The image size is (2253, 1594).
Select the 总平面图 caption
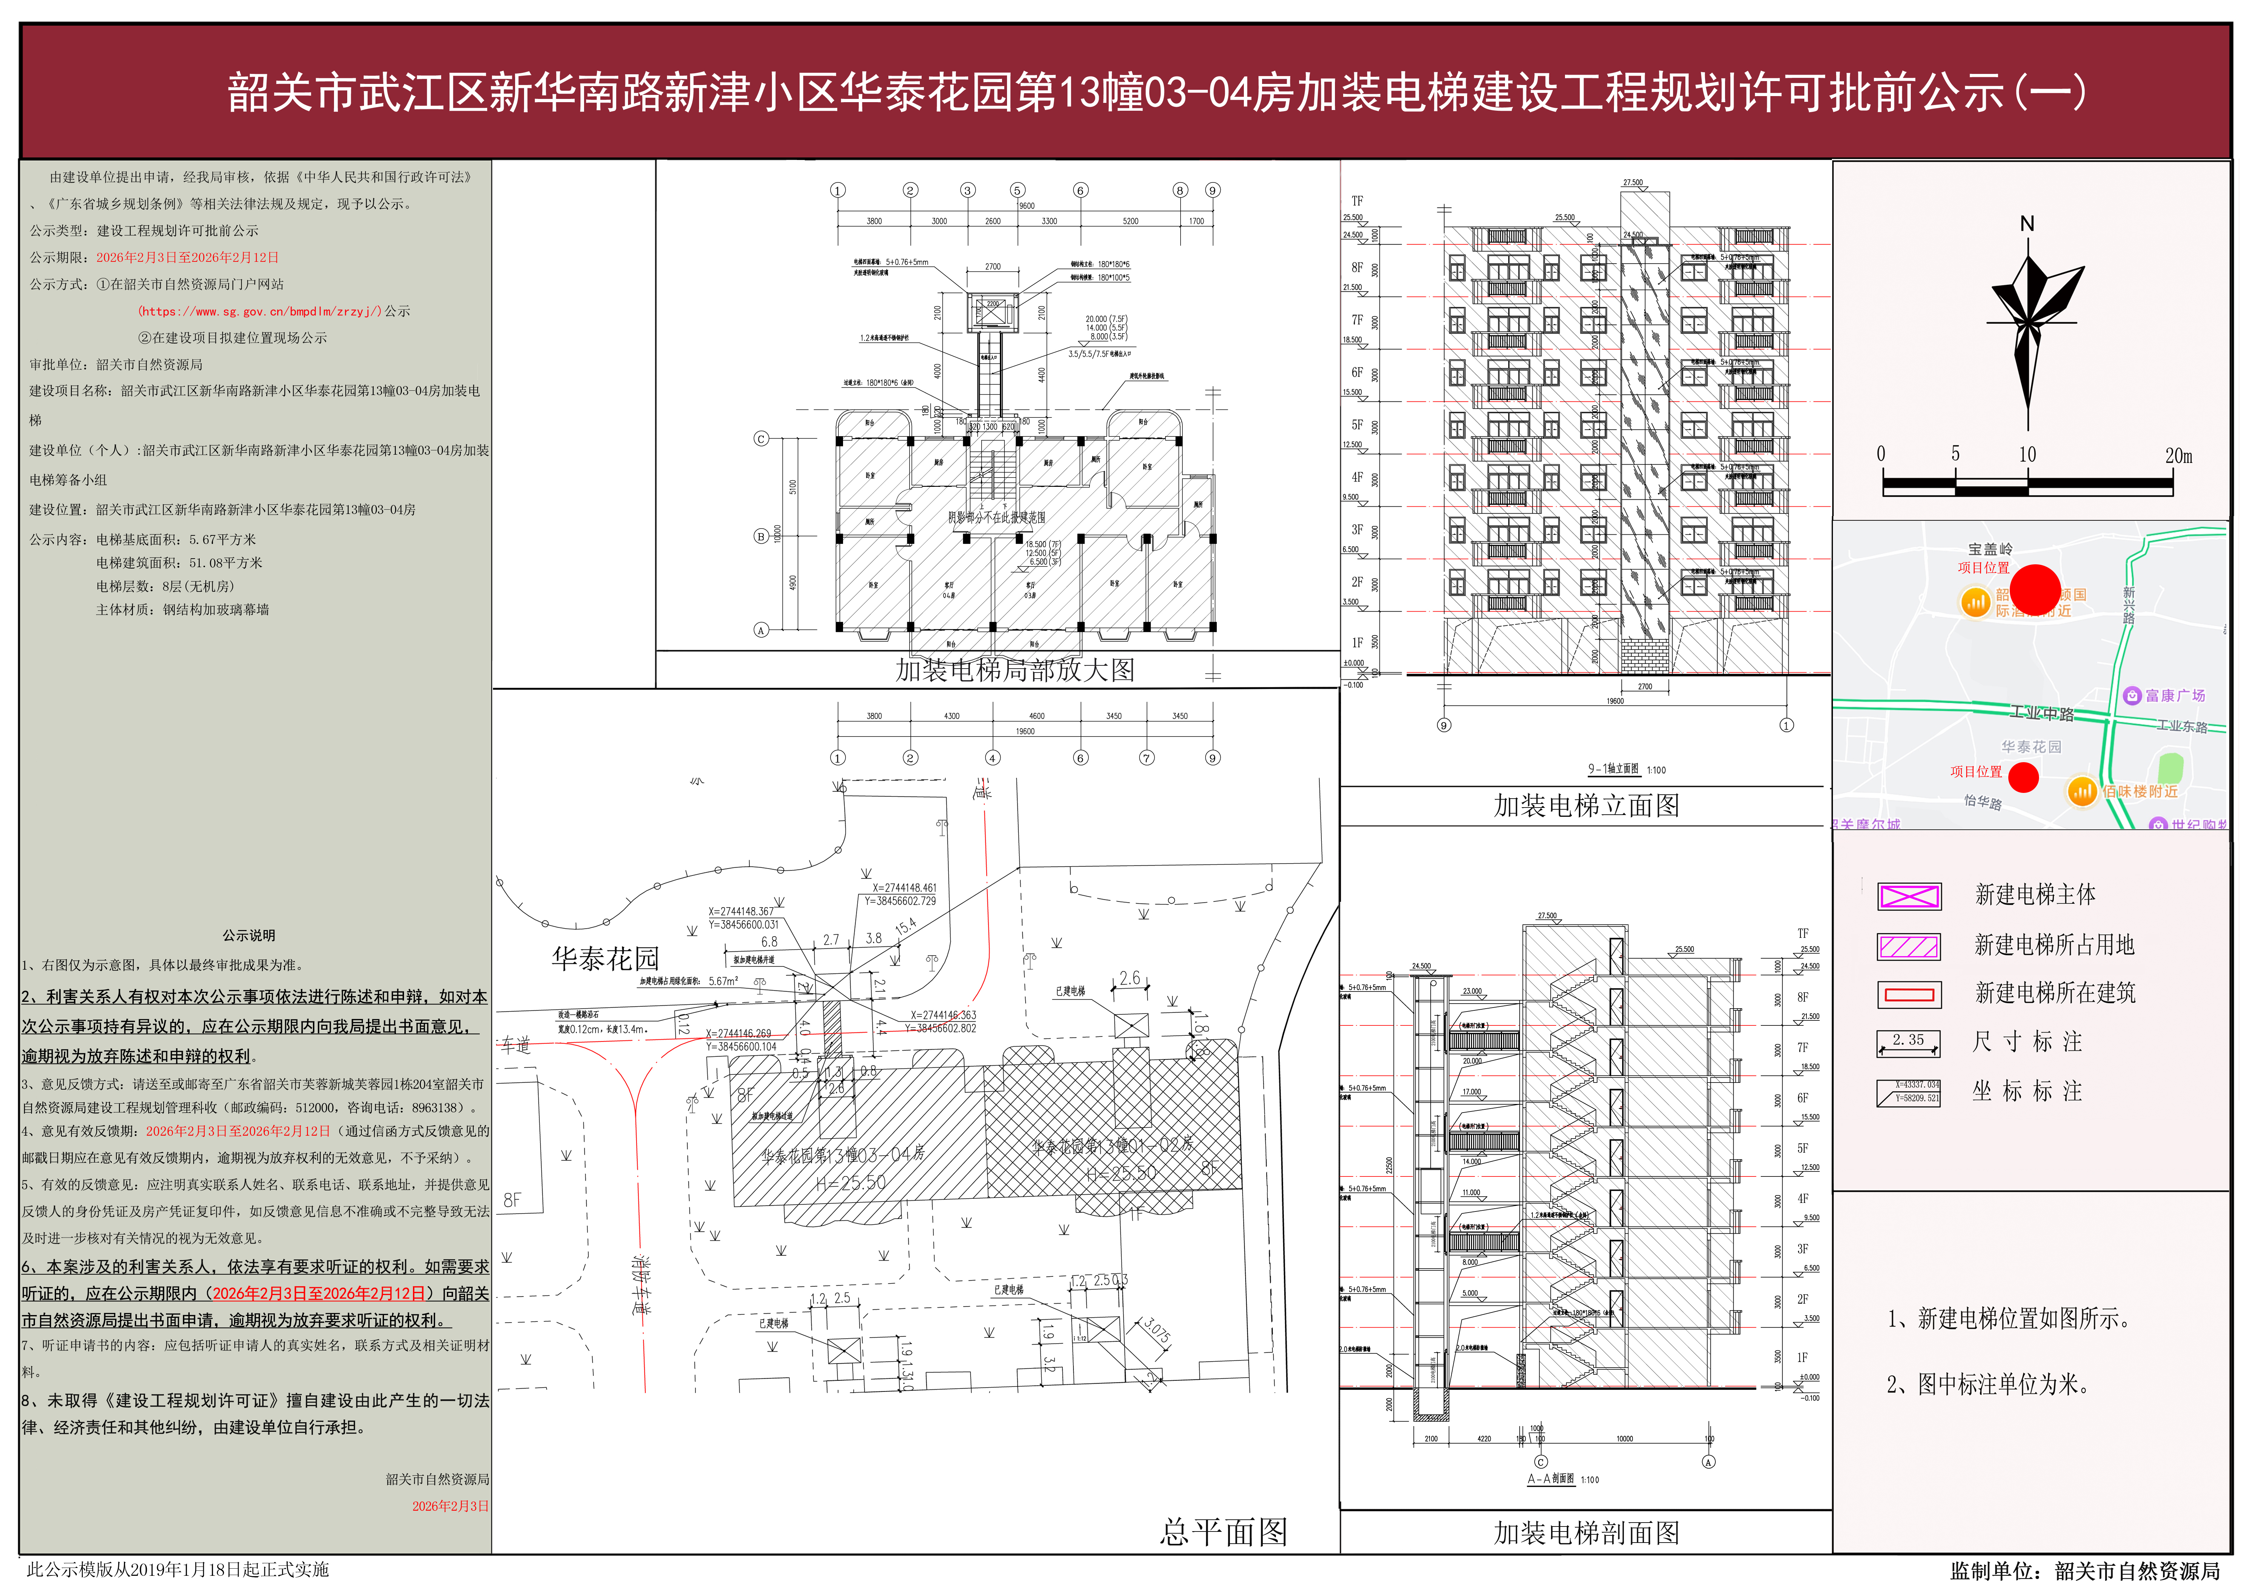(1223, 1532)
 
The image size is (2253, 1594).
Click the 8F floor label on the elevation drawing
(1357, 267)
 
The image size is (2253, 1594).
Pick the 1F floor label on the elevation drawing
(1357, 643)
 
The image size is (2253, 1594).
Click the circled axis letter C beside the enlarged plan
(761, 439)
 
